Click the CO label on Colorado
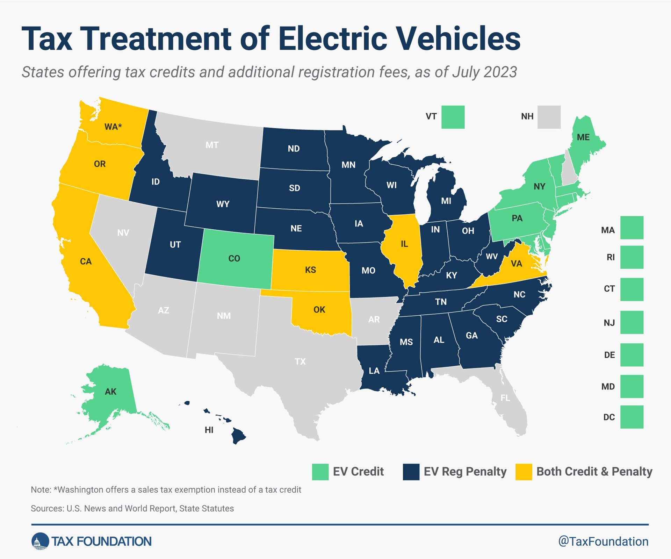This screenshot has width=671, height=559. coord(234,258)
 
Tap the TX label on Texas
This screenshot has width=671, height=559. coord(300,361)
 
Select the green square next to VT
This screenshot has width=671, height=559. coord(453,117)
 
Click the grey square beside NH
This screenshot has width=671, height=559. coord(549,117)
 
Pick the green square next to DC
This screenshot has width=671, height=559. coord(632,417)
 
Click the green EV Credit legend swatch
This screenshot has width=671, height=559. coord(320,472)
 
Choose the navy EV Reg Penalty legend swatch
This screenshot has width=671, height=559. coord(411,472)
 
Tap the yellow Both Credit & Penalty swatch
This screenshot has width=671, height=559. coord(524,472)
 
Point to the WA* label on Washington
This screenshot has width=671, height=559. coord(113,127)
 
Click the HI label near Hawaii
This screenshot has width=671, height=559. coord(209,430)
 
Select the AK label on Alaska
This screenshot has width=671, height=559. coord(111,392)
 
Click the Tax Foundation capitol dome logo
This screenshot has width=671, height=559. coord(40,541)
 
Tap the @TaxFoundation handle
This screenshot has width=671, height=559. coord(603,541)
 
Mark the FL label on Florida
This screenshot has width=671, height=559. coord(505,397)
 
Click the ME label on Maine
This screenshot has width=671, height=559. coord(583,137)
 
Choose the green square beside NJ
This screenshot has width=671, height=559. coord(632,322)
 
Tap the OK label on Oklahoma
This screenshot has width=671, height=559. coord(319,309)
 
